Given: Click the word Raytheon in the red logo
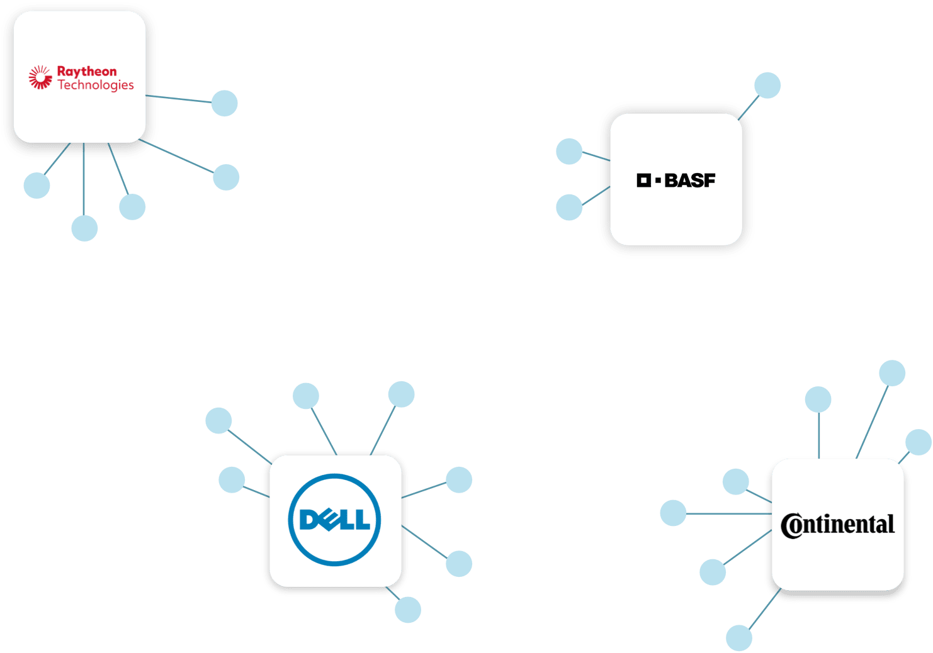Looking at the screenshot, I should click(87, 71).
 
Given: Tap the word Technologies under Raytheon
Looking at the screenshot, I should click(96, 85).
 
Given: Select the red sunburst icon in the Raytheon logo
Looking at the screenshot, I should click(40, 77).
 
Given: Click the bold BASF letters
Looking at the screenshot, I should click(690, 181).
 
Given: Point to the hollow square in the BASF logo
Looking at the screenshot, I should click(643, 181).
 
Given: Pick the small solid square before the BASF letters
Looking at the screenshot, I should click(658, 181).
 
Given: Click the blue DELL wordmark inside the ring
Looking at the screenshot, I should click(335, 520).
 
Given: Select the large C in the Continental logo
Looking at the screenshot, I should click(791, 525).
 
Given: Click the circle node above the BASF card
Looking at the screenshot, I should click(767, 86).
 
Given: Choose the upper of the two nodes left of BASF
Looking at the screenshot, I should click(569, 152).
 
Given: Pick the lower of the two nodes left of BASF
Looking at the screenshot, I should click(569, 208).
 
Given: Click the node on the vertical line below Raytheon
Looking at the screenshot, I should click(84, 228).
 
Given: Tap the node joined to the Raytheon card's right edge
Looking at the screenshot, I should click(225, 103).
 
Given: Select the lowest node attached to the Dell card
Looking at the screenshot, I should click(408, 610).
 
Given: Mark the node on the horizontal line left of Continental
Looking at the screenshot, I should click(673, 513).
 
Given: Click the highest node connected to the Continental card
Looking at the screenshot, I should click(892, 373).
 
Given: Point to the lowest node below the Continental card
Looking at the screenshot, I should click(739, 638).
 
